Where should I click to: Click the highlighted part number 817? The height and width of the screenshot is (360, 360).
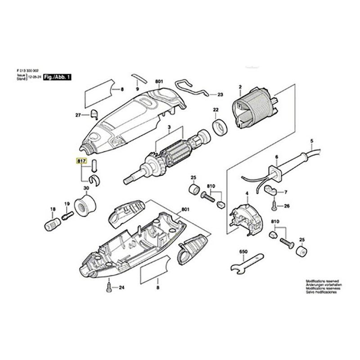tap(81, 161)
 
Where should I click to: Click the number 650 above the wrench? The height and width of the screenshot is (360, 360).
tap(243, 251)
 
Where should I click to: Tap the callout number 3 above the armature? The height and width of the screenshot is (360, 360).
tap(169, 127)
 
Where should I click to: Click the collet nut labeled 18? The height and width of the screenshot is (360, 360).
tap(52, 223)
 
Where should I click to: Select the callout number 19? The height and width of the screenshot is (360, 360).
tap(67, 204)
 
